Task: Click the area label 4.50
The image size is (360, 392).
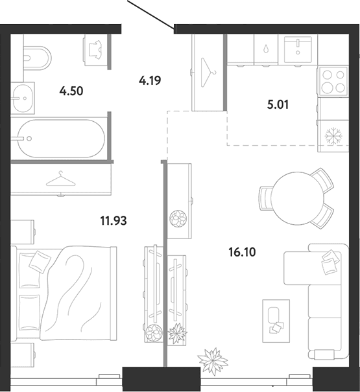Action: click(71, 91)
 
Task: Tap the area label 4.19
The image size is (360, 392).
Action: click(150, 80)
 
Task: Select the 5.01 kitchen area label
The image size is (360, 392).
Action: click(278, 104)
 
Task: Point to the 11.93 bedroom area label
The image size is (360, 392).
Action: click(114, 221)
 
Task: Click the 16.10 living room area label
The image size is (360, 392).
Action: click(242, 252)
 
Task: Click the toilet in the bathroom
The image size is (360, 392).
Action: click(38, 58)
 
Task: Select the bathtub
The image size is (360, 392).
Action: click(59, 138)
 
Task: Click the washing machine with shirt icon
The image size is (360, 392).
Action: click(97, 50)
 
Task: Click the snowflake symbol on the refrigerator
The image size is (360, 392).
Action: click(333, 136)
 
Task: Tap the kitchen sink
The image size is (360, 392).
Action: click(298, 50)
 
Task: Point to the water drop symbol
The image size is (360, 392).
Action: click(266, 49)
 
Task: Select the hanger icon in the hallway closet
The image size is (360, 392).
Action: click(208, 73)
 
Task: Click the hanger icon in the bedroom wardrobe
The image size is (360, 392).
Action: click(61, 179)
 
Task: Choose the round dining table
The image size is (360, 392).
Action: click(297, 198)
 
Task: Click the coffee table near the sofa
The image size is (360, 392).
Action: click(276, 321)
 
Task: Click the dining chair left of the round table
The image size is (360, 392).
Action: click(265, 199)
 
